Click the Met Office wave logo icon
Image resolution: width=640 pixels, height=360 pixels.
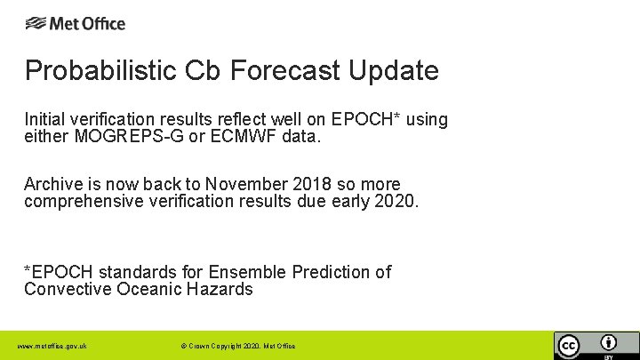tap(36, 24)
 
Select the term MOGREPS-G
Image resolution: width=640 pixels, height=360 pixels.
tap(116, 137)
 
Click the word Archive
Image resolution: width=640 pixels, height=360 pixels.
tap(52, 184)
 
